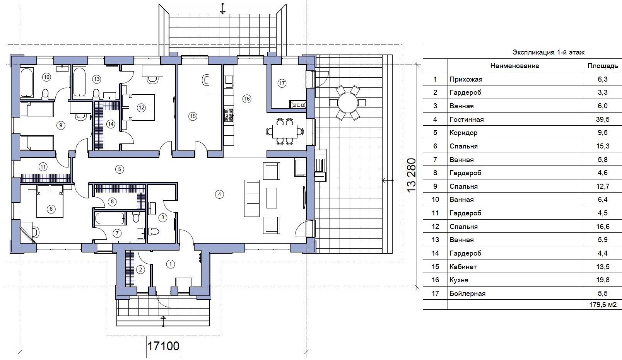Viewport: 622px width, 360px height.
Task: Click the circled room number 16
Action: (x=246, y=99)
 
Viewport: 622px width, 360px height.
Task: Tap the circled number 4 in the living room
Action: (x=219, y=194)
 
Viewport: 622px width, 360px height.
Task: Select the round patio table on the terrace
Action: (x=348, y=103)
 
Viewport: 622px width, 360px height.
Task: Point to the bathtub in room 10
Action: (x=27, y=82)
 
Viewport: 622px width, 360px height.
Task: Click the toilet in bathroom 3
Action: (x=153, y=231)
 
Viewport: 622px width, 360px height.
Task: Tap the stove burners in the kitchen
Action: (x=229, y=115)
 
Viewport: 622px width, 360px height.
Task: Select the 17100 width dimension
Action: (x=163, y=346)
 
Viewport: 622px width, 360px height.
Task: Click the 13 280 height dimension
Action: (x=411, y=175)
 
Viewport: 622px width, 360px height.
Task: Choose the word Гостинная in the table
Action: (x=466, y=119)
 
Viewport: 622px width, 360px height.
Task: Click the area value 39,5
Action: (x=603, y=119)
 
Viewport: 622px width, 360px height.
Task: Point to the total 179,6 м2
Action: (x=603, y=305)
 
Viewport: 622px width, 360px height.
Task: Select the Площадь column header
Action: (x=603, y=66)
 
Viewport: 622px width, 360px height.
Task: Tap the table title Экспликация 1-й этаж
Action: (x=548, y=52)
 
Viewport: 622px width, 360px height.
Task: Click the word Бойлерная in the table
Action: (x=467, y=293)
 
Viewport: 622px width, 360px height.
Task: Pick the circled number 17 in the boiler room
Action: (x=282, y=83)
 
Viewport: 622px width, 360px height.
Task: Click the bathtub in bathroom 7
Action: (x=109, y=218)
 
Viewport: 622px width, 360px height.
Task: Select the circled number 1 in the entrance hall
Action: (x=171, y=264)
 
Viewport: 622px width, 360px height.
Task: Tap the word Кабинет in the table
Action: (x=463, y=267)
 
